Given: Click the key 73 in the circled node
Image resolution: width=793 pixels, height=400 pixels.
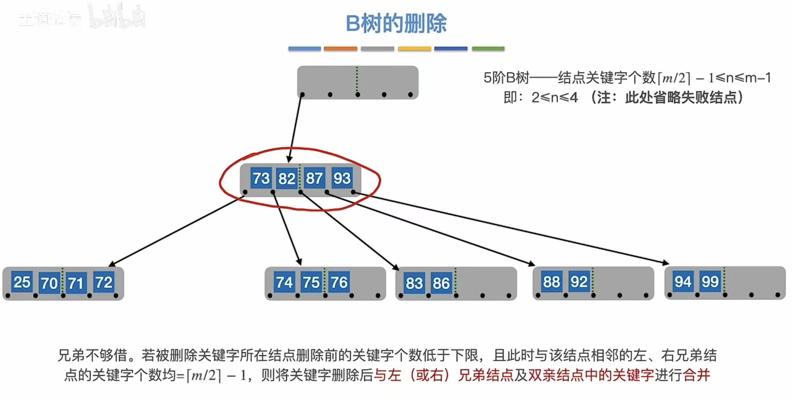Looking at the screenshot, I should pos(261,178).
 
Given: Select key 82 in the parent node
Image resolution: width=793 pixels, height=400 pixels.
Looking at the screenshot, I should pos(287,179).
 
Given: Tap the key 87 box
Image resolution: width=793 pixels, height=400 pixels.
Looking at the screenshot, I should pos(314,178).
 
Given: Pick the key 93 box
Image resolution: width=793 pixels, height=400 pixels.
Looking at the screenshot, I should pos(341,178).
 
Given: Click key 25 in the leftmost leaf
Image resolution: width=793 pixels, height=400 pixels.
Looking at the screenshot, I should pos(22,282).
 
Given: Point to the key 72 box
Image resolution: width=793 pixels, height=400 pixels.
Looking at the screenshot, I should pos(104,282).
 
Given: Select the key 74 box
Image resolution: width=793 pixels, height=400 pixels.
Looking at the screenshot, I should pos(284,282).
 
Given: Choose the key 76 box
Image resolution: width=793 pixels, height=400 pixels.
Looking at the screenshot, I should pos(339,282).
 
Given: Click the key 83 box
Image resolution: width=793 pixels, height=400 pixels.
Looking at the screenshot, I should pos(414,283).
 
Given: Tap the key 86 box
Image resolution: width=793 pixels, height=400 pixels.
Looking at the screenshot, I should pos(441,283).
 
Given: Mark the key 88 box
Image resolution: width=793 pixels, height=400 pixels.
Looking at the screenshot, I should pos(551,282).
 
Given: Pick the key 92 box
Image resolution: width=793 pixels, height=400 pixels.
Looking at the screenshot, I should pos(578,282).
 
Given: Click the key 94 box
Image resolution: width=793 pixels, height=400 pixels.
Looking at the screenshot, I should pos(683,281).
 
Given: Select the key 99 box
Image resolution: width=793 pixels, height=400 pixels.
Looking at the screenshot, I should pos(710,281).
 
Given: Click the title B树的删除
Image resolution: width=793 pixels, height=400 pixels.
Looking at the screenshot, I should pos(396,23).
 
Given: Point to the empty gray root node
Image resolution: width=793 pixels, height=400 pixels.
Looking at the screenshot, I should pos(357,81).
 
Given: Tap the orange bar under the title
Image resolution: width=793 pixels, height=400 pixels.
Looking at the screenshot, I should pos(340,49).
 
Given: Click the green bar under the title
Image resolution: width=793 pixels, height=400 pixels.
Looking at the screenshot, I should pos(488,49).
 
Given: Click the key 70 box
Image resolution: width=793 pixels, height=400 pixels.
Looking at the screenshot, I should pos(49,283).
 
